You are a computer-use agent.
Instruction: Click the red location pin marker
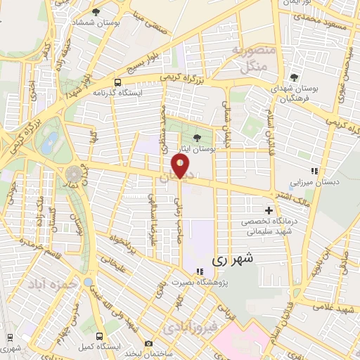(x=181, y=167)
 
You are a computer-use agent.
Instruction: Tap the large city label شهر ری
(x=231, y=259)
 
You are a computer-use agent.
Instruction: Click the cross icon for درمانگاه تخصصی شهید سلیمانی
(x=269, y=210)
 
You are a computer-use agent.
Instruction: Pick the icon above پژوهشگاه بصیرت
(x=200, y=271)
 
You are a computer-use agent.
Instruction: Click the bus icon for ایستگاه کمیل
(x=99, y=336)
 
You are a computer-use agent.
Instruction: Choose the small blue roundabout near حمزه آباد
(x=88, y=282)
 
